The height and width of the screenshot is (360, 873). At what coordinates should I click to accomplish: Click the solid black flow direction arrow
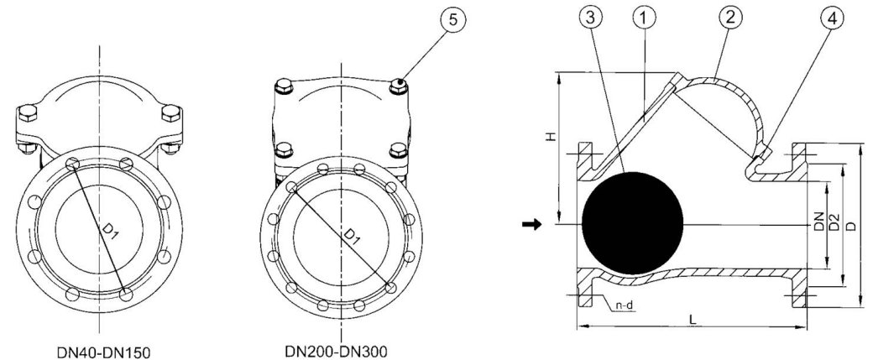[x=531, y=224]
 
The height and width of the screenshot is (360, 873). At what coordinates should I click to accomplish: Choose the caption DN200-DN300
[x=342, y=348]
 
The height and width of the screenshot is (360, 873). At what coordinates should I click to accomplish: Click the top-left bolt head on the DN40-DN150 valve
[x=25, y=114]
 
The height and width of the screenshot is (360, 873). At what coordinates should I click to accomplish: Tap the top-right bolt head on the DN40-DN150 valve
[x=172, y=114]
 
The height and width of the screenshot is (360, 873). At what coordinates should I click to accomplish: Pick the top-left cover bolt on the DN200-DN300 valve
[x=283, y=86]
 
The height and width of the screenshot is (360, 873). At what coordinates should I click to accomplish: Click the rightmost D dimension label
[x=853, y=227]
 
